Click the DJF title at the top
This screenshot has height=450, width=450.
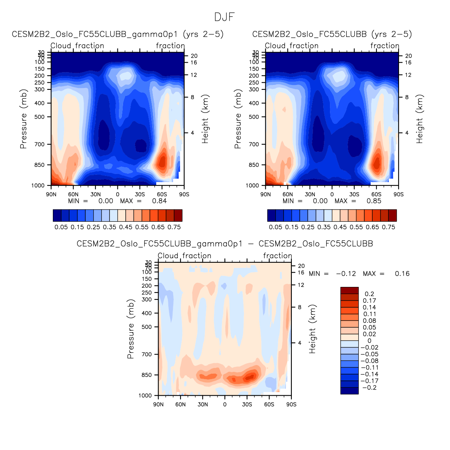point(225,17)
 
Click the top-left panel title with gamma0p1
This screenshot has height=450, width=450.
point(118,34)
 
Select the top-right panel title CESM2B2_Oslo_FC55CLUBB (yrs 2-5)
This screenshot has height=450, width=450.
point(332,34)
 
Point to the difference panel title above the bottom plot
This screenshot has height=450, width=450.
point(225,244)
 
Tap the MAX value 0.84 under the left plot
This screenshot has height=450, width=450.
point(159,201)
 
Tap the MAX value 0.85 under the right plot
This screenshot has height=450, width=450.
point(374,201)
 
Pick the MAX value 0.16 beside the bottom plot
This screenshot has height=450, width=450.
point(402,274)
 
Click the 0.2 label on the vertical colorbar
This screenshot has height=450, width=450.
point(369,294)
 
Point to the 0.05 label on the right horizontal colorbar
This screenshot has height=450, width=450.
point(275,227)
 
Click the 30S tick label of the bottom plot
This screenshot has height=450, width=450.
point(247,405)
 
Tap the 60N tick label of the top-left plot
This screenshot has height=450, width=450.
point(73,194)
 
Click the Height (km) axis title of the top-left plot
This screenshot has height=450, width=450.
point(205,119)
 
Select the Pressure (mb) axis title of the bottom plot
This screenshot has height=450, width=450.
point(131,329)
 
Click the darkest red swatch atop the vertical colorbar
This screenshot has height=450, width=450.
point(349,290)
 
